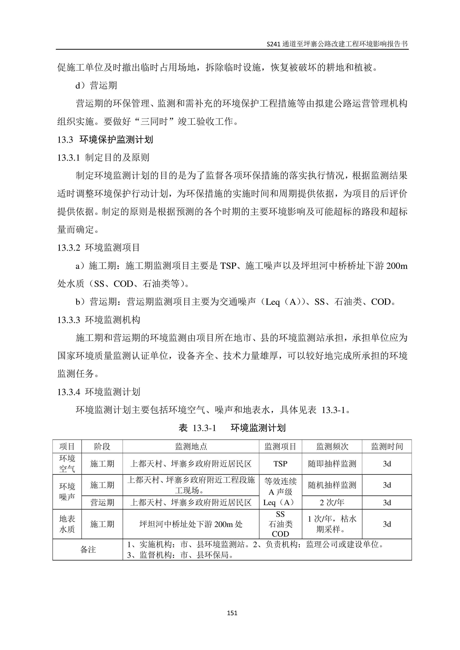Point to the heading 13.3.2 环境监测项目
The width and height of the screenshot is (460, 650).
click(x=99, y=248)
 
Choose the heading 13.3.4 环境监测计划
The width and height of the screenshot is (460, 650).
click(x=99, y=392)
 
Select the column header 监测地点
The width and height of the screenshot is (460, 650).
click(x=191, y=447)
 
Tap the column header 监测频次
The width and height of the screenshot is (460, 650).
click(x=332, y=447)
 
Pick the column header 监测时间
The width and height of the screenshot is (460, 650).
click(x=387, y=447)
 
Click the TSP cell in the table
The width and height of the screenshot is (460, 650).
click(x=280, y=464)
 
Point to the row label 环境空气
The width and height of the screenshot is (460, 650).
click(x=67, y=464)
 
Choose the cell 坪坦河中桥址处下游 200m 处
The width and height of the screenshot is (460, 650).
click(x=191, y=524)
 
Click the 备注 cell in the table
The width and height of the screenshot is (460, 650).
click(x=88, y=550)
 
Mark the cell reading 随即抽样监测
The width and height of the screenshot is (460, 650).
click(x=332, y=464)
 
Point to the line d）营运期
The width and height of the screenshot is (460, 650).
click(x=96, y=85)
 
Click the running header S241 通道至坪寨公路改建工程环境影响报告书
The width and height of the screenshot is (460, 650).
click(x=337, y=44)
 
